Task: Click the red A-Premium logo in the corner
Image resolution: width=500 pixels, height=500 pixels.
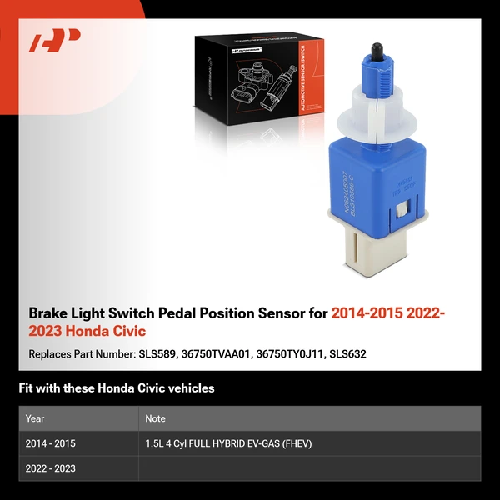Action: click(x=55, y=40)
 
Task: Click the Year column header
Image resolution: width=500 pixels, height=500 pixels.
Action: click(x=35, y=418)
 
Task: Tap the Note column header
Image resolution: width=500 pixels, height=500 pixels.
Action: click(x=155, y=418)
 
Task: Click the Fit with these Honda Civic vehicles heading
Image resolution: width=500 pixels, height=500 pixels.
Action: click(x=117, y=388)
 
